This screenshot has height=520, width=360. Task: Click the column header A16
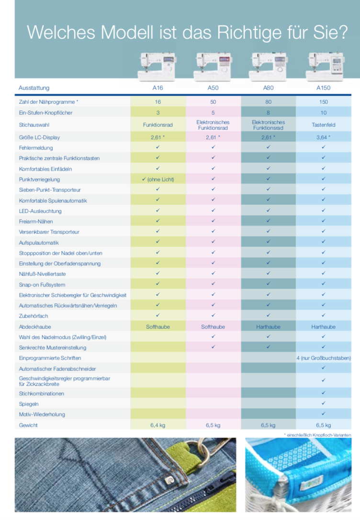point(157,88)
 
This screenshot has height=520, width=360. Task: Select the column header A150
point(323,88)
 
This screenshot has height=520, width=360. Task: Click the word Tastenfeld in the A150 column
point(323,125)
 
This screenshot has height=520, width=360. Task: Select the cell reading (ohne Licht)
point(158,179)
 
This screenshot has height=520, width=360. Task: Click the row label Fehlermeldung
point(36,148)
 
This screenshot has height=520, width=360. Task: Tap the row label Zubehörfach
point(34,316)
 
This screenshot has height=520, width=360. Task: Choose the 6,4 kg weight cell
point(157,425)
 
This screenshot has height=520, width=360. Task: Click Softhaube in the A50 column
point(213,327)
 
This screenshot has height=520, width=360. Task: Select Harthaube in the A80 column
point(268,327)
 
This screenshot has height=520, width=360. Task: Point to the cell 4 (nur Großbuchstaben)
point(323,358)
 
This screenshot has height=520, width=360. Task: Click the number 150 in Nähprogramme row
point(323,102)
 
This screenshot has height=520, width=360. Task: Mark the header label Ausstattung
point(34,88)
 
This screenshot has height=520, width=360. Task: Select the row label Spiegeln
point(29,404)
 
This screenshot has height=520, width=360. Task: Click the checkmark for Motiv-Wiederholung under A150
point(324,413)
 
